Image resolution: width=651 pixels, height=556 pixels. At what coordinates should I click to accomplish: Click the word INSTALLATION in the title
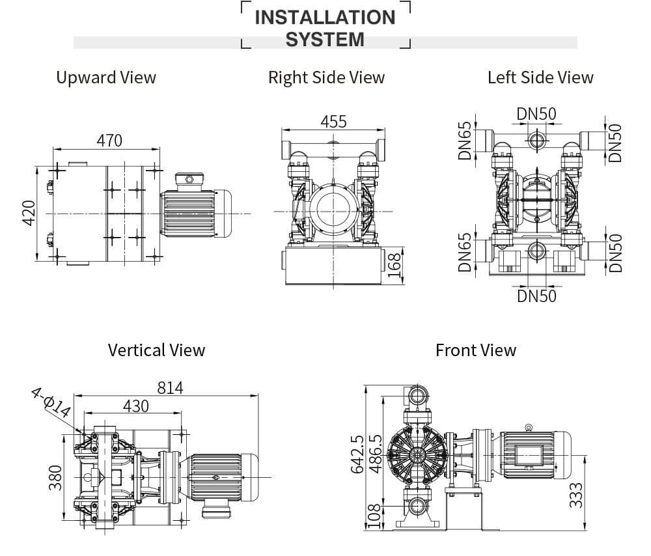pyautogui.click(x=325, y=17)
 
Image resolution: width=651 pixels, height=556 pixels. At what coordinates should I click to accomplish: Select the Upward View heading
pyautogui.click(x=106, y=77)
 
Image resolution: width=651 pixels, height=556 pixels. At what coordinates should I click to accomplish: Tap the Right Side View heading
pyautogui.click(x=326, y=77)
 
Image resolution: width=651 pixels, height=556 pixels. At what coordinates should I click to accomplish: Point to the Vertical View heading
pyautogui.click(x=156, y=350)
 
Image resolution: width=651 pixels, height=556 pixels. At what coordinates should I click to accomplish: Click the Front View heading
pyautogui.click(x=475, y=350)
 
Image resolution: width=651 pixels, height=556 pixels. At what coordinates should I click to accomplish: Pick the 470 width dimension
pyautogui.click(x=109, y=140)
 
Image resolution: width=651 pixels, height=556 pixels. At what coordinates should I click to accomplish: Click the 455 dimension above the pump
pyautogui.click(x=333, y=122)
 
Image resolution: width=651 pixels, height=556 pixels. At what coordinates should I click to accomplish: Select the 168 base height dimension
pyautogui.click(x=395, y=266)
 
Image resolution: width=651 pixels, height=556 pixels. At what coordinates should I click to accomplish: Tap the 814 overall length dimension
pyautogui.click(x=170, y=387)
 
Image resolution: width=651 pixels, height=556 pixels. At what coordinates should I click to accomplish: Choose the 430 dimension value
pyautogui.click(x=135, y=406)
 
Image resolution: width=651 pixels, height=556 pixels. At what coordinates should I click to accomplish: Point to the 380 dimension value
pyautogui.click(x=55, y=477)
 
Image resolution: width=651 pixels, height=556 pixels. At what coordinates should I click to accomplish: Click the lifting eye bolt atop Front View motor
pyautogui.click(x=528, y=427)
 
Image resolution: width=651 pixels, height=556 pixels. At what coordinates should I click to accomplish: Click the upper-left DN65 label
pyautogui.click(x=464, y=141)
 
